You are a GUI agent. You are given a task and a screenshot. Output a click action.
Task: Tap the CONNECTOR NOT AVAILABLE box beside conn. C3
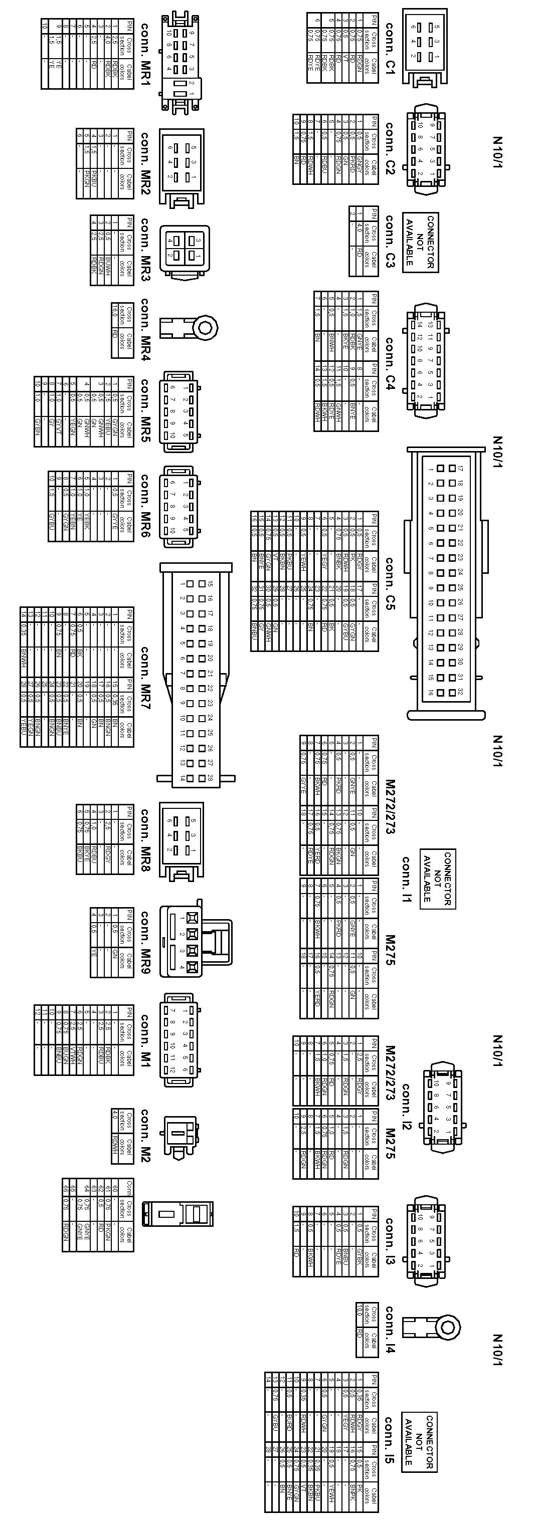[421, 242]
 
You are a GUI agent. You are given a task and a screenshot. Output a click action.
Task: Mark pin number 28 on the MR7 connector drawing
[211, 778]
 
